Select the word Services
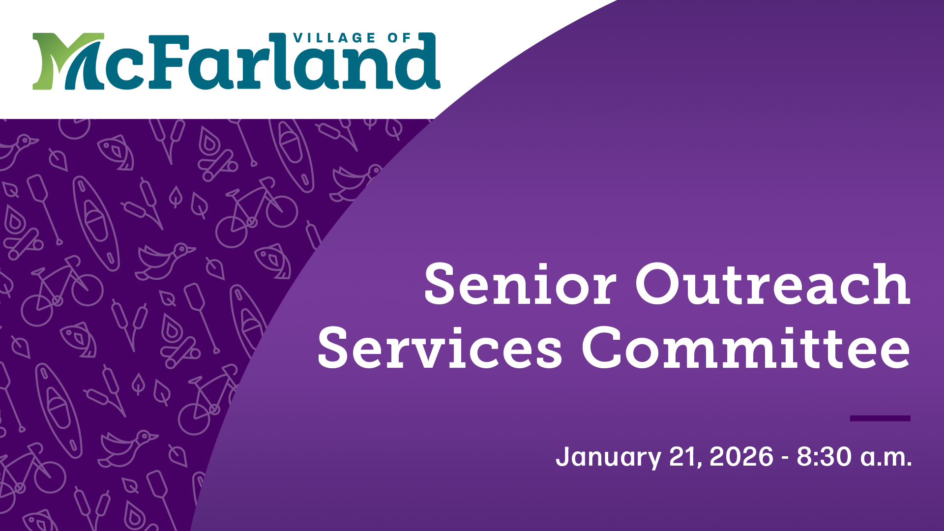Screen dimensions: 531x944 pyautogui.click(x=440, y=348)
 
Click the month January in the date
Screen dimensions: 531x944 pyautogui.click(x=608, y=457)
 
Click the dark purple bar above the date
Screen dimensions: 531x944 pyautogui.click(x=880, y=418)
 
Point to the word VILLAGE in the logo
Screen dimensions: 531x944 pyautogui.click(x=334, y=38)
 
